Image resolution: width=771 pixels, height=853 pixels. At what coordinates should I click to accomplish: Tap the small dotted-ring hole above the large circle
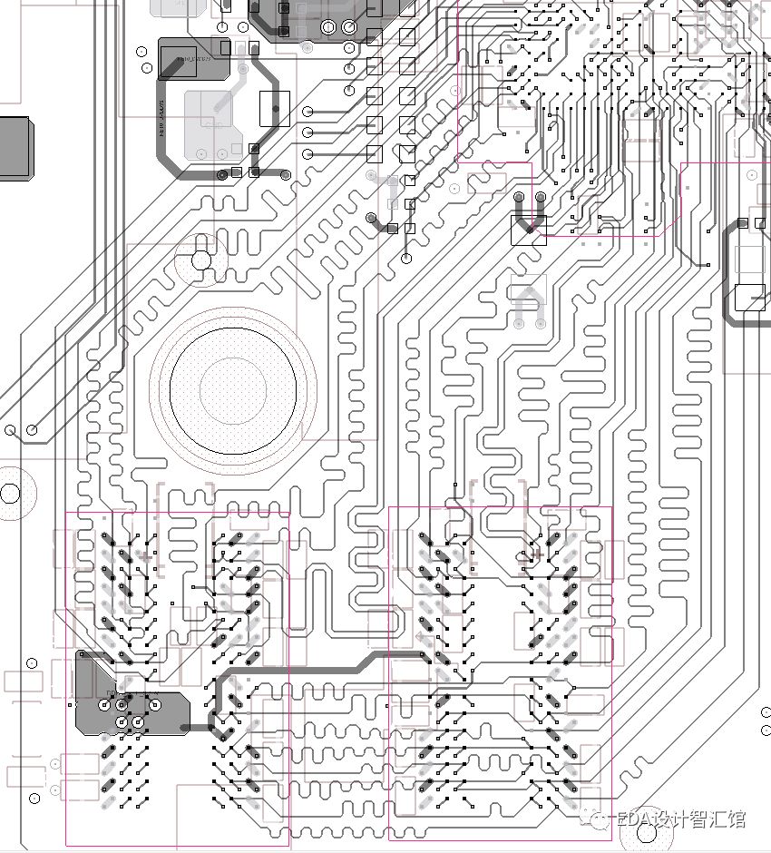pyautogui.click(x=201, y=260)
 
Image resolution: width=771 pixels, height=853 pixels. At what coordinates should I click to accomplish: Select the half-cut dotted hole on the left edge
pyautogui.click(x=9, y=494)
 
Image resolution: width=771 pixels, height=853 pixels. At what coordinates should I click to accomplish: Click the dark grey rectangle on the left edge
pyautogui.click(x=15, y=147)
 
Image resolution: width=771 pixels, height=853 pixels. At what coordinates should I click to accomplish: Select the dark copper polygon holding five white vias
pyautogui.click(x=127, y=699)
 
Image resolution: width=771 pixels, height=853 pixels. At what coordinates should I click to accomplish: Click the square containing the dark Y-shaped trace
pyautogui.click(x=528, y=230)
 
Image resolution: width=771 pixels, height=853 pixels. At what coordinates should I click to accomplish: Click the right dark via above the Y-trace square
pyautogui.click(x=541, y=197)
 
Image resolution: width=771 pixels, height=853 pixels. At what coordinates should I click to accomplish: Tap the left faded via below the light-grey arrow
pyautogui.click(x=519, y=323)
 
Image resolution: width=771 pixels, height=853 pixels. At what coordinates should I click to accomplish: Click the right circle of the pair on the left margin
pyautogui.click(x=32, y=429)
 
